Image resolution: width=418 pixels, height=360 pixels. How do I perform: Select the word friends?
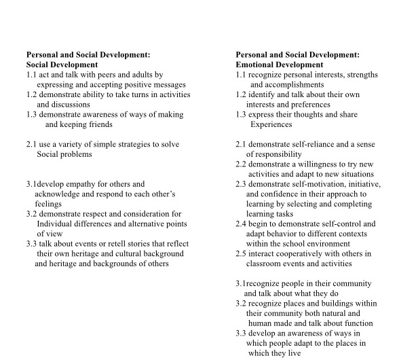(97, 124)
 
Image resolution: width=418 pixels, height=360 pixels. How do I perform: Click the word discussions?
(64, 105)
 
